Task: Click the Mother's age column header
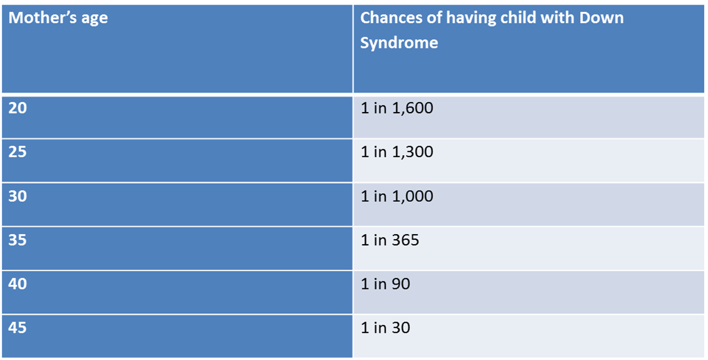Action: [58, 18]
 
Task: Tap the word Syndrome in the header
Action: [399, 43]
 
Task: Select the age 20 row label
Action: [18, 108]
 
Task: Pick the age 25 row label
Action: [18, 152]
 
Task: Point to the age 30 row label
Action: [18, 196]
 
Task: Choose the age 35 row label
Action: [18, 240]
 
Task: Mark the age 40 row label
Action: [18, 284]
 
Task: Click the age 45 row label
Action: [18, 328]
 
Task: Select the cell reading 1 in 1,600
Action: [396, 108]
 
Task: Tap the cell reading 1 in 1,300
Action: [396, 152]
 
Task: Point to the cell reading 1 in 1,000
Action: [396, 196]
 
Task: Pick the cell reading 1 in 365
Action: [390, 240]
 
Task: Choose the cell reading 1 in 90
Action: [385, 284]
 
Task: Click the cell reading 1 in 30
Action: [385, 328]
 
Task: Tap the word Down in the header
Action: [602, 17]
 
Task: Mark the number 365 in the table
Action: [405, 240]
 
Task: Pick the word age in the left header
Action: [94, 19]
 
